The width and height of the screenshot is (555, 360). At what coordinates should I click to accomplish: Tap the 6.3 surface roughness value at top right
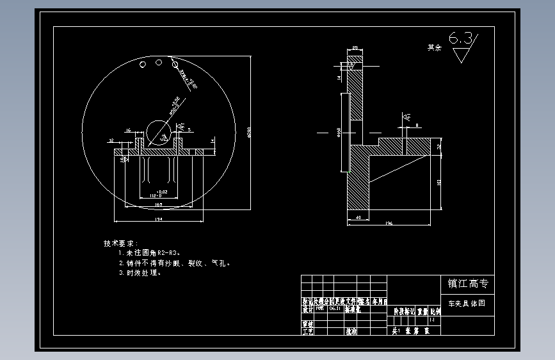pos(462,39)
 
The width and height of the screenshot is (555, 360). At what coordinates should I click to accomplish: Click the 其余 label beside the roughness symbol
pos(435,47)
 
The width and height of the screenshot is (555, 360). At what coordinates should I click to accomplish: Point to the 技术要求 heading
pos(120,243)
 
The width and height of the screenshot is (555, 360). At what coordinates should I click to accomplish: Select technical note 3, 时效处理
pos(140,273)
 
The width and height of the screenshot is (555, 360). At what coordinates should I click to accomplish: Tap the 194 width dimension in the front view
pos(158,219)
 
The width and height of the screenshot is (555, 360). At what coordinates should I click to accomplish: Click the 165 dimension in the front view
pos(158,205)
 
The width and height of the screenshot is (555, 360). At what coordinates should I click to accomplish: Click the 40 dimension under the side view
pos(357,218)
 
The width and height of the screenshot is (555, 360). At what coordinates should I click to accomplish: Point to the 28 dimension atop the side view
pos(354,49)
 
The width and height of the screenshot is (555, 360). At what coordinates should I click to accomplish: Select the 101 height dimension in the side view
pos(438,183)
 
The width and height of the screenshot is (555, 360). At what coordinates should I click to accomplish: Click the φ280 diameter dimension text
pos(249,133)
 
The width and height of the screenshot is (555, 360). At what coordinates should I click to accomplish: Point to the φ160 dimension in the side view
pos(338,133)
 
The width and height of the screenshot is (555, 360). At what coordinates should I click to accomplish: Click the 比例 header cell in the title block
pos(435,311)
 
